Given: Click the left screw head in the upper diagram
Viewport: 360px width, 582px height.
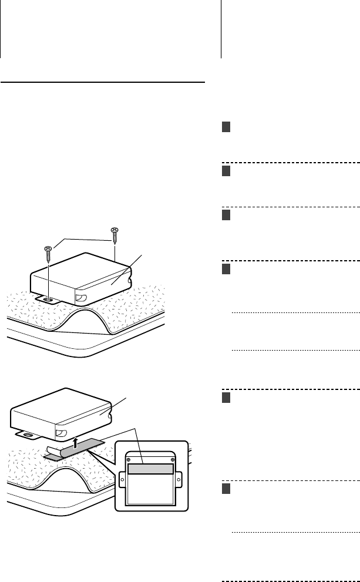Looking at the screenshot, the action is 48,250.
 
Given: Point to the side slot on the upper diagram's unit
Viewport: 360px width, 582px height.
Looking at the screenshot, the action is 82,297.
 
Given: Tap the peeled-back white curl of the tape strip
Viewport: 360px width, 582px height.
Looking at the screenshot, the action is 51,453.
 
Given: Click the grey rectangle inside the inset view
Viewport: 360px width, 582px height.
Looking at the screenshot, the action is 151,469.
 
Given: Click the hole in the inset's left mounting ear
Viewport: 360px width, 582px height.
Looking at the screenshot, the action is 122,479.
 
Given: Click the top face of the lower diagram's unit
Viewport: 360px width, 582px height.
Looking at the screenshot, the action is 59,405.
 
